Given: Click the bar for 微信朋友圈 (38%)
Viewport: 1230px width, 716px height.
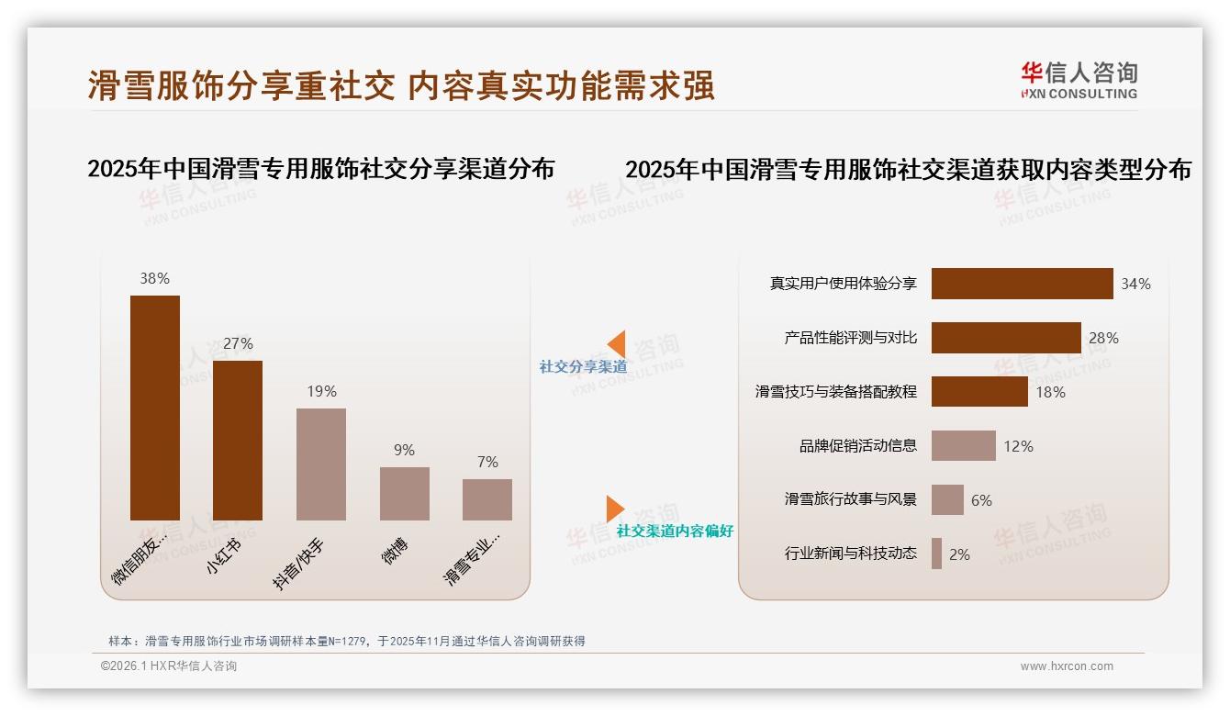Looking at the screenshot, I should tap(155, 408).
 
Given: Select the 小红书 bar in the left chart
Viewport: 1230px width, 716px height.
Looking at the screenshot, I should tap(238, 441).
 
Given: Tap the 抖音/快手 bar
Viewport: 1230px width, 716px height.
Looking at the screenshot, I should tap(321, 464).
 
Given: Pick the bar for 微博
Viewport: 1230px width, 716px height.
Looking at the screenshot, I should tap(405, 494).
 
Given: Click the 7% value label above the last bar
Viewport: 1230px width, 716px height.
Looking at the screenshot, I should tap(487, 462).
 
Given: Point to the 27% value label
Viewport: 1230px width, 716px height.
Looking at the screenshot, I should tap(238, 343).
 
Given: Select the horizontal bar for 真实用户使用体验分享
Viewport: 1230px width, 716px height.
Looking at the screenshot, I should tap(1022, 284).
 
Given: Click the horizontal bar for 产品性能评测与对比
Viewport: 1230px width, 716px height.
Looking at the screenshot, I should tap(1006, 338).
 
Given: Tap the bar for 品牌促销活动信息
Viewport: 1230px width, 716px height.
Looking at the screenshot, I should tap(963, 446).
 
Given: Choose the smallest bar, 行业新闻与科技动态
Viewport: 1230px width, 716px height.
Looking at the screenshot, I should tap(936, 554).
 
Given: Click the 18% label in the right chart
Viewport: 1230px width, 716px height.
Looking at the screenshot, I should tap(1051, 392).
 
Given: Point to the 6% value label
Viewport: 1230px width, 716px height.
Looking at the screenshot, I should tap(981, 500).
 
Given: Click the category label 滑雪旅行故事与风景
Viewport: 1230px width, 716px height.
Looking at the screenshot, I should tap(850, 499).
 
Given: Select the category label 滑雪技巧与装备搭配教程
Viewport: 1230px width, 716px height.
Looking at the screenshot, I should tap(835, 391).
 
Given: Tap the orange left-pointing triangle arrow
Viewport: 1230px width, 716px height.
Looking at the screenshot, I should tap(617, 343).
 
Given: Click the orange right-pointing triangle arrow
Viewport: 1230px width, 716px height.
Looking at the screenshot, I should tap(614, 509).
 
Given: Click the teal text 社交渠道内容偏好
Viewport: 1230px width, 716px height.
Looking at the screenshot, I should tap(675, 531).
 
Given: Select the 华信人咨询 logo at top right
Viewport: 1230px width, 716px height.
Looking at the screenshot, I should tap(1079, 80).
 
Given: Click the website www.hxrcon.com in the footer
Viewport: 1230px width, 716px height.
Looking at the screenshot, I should tap(1067, 666).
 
